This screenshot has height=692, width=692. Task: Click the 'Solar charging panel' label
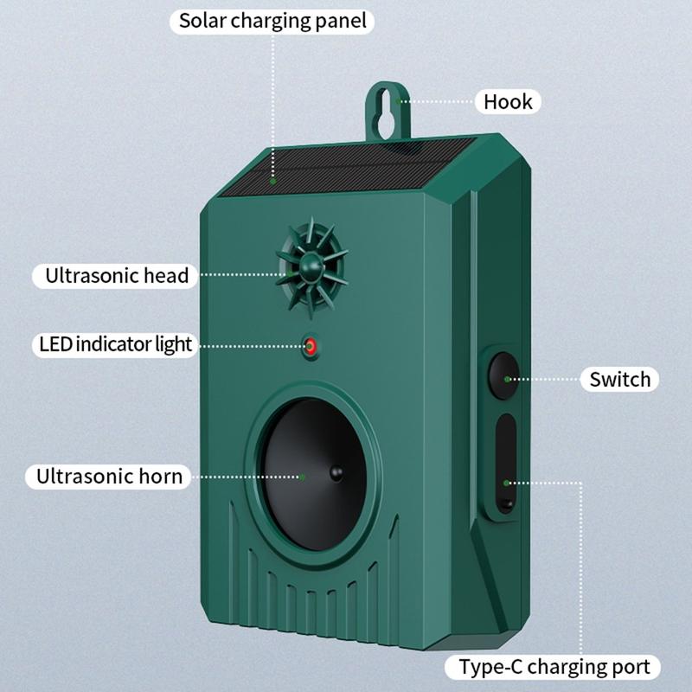pos(272,21)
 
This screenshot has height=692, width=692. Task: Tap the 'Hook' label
pos(508,102)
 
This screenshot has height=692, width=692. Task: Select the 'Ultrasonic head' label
pos(116,276)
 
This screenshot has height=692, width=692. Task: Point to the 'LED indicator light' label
pos(115,344)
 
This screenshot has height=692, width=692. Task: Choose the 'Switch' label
pos(619,380)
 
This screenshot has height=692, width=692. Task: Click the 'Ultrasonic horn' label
pos(109,477)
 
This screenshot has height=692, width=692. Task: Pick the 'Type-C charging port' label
pos(553,667)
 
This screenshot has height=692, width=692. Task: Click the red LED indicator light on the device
pos(311,347)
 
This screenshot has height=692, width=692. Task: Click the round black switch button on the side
pos(503,375)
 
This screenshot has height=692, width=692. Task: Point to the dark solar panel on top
pos(349,167)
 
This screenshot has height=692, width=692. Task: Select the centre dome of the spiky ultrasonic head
pos(311,266)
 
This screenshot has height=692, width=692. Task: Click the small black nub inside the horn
pos(336,473)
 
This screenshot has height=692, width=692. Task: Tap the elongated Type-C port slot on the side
pos(506,463)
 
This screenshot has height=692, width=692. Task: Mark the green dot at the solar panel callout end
pos(273,182)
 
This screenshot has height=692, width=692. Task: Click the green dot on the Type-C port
pos(507,484)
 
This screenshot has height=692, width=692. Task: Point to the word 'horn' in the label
pos(161,477)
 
